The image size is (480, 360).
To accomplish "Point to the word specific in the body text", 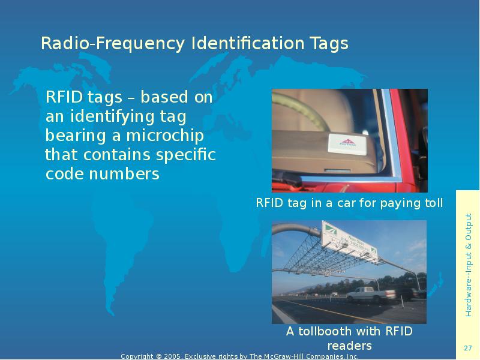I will [x=186, y=155].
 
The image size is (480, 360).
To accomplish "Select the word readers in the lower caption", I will [x=349, y=346].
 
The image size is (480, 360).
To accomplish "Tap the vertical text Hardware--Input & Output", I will [x=469, y=265].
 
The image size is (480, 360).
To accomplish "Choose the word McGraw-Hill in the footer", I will [x=286, y=356].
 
